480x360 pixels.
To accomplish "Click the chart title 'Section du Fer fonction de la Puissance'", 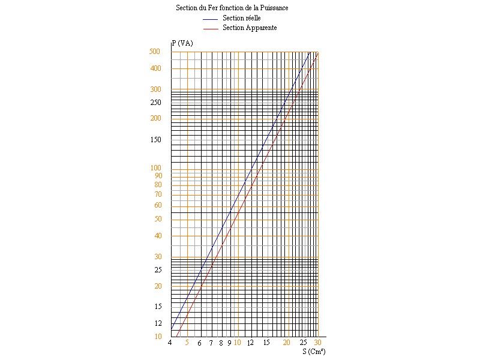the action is [232, 8].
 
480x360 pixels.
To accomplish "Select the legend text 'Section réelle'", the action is [242, 18].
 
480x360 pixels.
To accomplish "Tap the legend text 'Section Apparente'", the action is [250, 28].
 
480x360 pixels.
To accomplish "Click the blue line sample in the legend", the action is [211, 19].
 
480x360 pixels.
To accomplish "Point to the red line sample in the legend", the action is [211, 29].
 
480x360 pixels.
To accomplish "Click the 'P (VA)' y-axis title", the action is [182, 43].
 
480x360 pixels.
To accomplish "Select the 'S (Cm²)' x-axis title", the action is [314, 352].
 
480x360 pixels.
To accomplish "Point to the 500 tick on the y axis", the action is [155, 52].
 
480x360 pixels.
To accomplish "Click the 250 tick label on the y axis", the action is [155, 103].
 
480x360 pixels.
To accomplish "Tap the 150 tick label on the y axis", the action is [155, 140].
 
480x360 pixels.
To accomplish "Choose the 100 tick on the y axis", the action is [155, 168].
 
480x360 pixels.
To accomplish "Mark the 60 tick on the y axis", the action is [158, 205].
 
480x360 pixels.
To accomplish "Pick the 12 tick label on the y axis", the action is [158, 323].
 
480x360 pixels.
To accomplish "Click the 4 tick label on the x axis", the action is [170, 343].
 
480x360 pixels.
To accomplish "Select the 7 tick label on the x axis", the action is [211, 343].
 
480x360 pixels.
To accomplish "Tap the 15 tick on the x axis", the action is [266, 343].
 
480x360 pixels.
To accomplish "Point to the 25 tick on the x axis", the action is [303, 343].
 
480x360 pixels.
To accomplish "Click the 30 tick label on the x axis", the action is [317, 343].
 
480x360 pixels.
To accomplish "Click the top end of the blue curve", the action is [310, 52].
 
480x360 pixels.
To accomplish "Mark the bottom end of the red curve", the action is [177, 337].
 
